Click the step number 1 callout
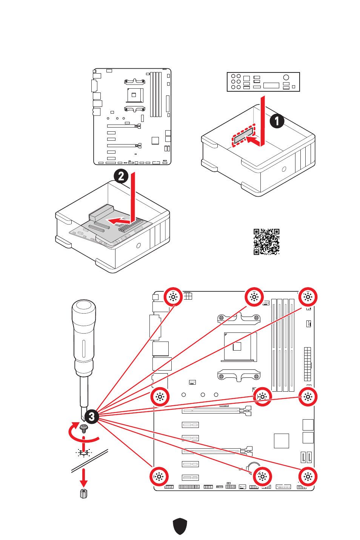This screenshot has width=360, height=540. pos(277,121)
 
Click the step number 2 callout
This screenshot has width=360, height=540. pos(121,176)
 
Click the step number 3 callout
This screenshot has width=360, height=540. pos(91,417)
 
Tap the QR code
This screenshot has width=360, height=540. pos(266,242)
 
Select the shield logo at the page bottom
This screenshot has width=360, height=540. pos(180,526)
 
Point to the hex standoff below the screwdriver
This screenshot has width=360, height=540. pos(84,493)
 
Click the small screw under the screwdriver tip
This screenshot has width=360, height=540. pos(84,428)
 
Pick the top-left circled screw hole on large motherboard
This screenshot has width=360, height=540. pos(173,297)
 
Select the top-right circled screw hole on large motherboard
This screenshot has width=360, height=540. pos(308,297)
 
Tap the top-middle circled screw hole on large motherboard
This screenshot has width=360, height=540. pos(254,297)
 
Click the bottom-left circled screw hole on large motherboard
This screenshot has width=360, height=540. pos(159,477)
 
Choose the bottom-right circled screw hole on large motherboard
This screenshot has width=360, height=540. pos(308,477)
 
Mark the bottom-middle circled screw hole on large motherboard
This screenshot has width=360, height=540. pos(262,477)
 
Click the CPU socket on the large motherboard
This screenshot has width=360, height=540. pos(238,346)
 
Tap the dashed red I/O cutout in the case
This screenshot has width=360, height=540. pos(243,136)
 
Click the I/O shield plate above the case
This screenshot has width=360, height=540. pos(263,82)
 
